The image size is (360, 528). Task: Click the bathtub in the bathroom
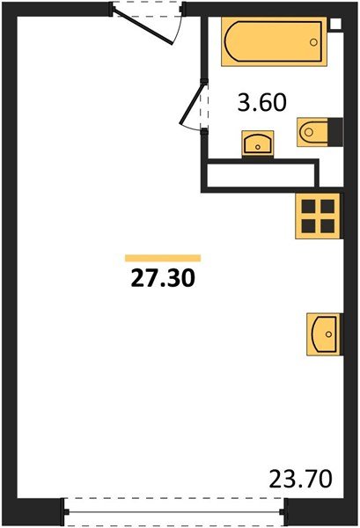point(274,41)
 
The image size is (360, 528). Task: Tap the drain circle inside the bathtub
point(313,42)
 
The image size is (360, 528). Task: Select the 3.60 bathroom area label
point(262,103)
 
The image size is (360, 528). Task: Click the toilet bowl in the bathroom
point(312,132)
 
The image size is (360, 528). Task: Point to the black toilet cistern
point(335,132)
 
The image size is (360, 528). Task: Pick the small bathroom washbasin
point(258,143)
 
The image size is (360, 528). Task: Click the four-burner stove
point(319,216)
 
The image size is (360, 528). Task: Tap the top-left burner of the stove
point(308,206)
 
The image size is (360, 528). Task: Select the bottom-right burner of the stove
point(327,226)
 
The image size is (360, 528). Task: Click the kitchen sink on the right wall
point(324,334)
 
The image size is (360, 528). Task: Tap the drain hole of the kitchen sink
point(328,334)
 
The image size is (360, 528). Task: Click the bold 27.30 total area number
point(163,279)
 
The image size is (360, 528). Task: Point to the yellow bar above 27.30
point(163,258)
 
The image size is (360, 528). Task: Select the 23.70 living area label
point(301,480)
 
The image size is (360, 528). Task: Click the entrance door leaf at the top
point(143,26)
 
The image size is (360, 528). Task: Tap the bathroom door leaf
point(192,103)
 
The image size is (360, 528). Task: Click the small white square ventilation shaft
point(336,24)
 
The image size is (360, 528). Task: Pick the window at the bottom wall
point(174,512)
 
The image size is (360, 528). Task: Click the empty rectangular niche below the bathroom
point(261,175)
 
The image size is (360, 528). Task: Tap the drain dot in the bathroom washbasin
point(258,147)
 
